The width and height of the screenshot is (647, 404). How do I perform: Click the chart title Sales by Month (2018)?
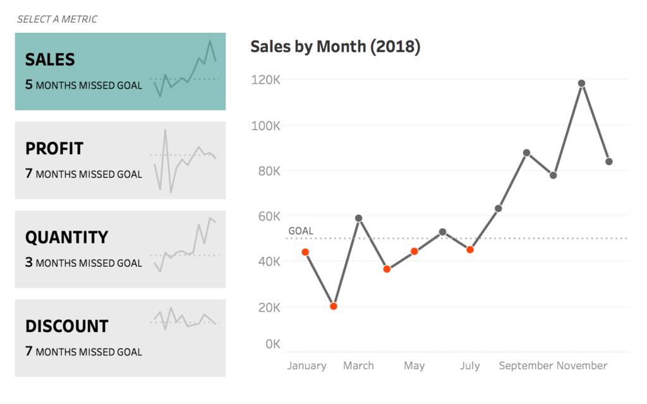[x=335, y=47]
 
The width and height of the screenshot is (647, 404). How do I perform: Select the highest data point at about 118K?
[x=581, y=83]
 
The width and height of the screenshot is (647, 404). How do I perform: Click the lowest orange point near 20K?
[x=334, y=306]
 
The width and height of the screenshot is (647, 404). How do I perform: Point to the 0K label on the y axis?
[x=273, y=344]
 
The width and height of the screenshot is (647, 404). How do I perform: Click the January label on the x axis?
[x=306, y=365]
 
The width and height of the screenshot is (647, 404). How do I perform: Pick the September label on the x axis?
[x=526, y=365]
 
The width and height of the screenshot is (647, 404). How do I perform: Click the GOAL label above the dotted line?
[x=301, y=231]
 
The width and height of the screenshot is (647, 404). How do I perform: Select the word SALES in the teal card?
[x=50, y=59]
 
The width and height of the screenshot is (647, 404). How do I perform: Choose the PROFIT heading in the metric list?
[x=54, y=149]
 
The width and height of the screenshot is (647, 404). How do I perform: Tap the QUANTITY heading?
[x=66, y=237]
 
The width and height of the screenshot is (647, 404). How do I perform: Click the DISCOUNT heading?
[x=67, y=326]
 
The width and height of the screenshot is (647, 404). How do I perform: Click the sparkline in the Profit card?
[x=184, y=161]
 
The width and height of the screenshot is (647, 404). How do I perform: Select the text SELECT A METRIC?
[x=57, y=19]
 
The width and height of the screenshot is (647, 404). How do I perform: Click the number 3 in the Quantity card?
[x=28, y=262]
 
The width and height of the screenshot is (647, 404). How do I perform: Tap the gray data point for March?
[x=358, y=218]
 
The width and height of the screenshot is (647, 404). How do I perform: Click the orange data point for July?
[x=470, y=250]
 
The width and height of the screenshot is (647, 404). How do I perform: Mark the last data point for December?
[x=609, y=161]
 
